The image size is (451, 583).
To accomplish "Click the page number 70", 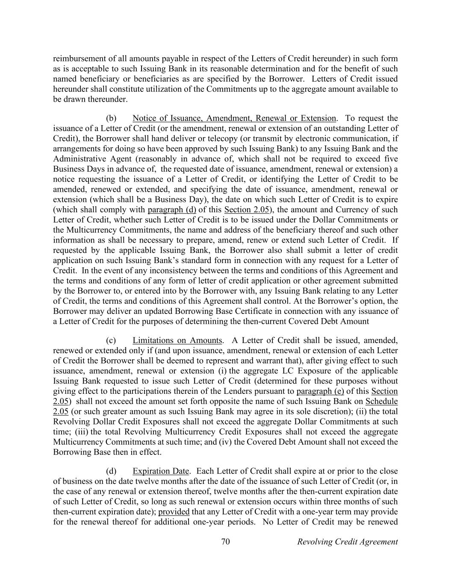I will tap(226, 542).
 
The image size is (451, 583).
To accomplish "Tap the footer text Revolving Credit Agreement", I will tap(347, 542).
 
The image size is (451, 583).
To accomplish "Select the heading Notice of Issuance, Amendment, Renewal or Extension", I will tap(234, 118).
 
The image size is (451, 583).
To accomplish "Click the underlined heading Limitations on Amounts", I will tap(177, 340).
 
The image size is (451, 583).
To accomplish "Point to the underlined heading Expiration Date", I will tap(161, 471).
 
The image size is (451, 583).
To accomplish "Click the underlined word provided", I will tap(174, 512).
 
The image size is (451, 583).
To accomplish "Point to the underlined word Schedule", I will tap(382, 401).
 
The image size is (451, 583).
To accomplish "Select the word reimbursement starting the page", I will tap(78, 59).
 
